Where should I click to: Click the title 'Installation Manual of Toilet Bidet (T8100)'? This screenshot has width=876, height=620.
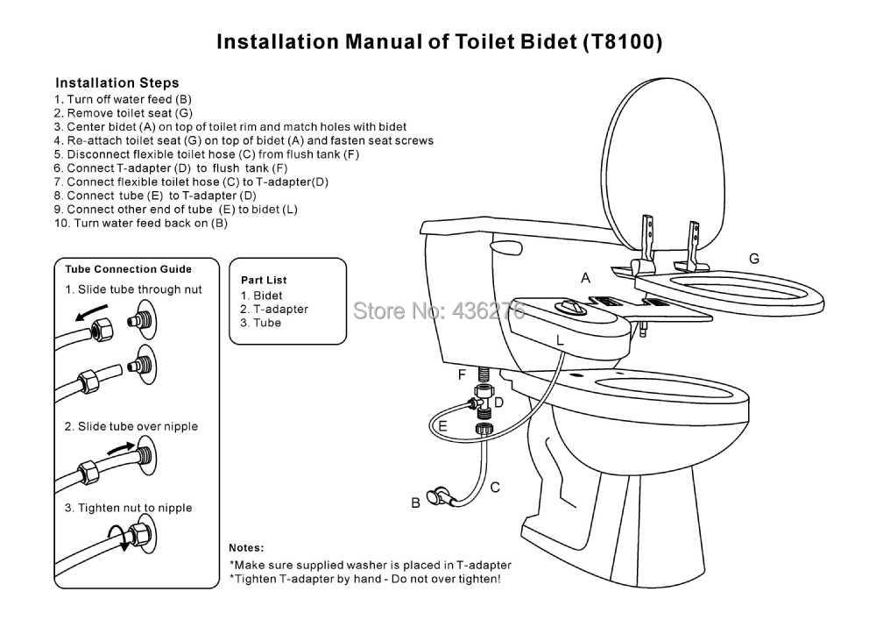[x=439, y=41]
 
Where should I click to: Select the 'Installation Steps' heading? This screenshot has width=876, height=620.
[x=117, y=83]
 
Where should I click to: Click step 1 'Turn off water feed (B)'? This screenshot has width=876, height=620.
[x=123, y=99]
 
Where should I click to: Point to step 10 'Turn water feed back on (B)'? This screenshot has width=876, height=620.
[x=140, y=223]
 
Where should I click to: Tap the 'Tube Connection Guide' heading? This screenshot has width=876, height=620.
[x=129, y=269]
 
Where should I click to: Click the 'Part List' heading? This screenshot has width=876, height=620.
[x=264, y=280]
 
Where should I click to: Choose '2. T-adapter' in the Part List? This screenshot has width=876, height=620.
[x=274, y=309]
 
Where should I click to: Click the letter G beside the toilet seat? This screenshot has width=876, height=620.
[x=753, y=258]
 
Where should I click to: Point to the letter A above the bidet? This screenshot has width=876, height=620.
[x=586, y=277]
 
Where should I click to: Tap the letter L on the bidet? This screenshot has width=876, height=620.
[x=560, y=338]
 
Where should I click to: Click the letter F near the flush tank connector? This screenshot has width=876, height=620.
[x=462, y=374]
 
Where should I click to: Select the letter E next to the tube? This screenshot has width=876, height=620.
[x=443, y=426]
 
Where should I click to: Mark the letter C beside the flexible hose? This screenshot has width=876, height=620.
[x=495, y=487]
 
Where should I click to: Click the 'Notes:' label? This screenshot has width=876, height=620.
[x=246, y=547]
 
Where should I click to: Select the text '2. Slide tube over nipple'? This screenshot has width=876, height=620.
[x=131, y=426]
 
